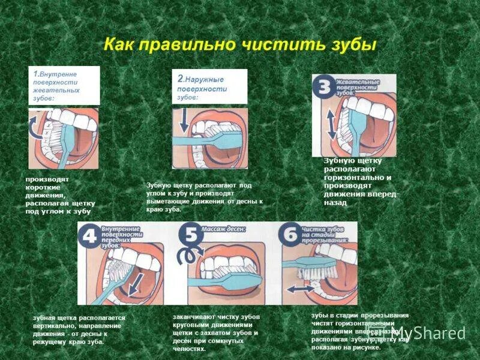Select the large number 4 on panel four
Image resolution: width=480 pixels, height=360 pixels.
pyautogui.click(x=89, y=236)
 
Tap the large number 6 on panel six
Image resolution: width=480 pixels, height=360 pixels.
pyautogui.click(x=290, y=236)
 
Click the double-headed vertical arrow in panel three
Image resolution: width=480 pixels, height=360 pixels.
pyautogui.click(x=331, y=124)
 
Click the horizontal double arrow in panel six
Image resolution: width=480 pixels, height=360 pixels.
pyautogui.click(x=300, y=289)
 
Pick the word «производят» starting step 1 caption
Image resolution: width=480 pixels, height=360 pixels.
pyautogui.click(x=47, y=179)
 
